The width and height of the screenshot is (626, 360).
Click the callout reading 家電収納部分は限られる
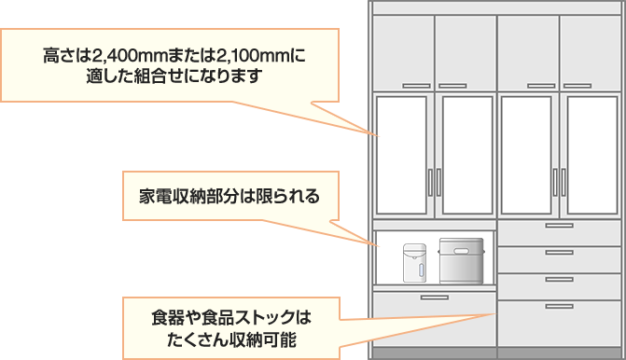(x=230, y=198)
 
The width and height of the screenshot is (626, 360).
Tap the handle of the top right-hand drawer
(x=559, y=227)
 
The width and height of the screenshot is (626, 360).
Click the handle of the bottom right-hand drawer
(x=559, y=306)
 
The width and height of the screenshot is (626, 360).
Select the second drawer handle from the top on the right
(x=559, y=253)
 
